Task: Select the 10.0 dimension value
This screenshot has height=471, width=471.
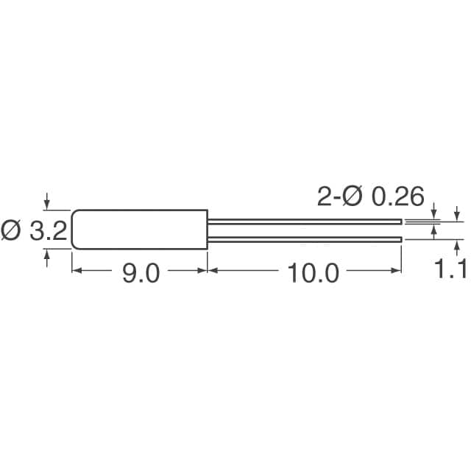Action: pos(313,273)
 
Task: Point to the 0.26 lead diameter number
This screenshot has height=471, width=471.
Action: pos(397,196)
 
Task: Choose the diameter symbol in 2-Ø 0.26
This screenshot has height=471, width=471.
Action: pos(351,196)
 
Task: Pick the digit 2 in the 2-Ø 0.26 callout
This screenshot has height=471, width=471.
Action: pos(323,196)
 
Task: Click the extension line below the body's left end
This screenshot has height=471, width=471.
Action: pos(71,261)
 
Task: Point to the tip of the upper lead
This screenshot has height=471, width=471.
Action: pos(400,219)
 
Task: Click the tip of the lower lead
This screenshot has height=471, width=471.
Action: pos(400,238)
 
